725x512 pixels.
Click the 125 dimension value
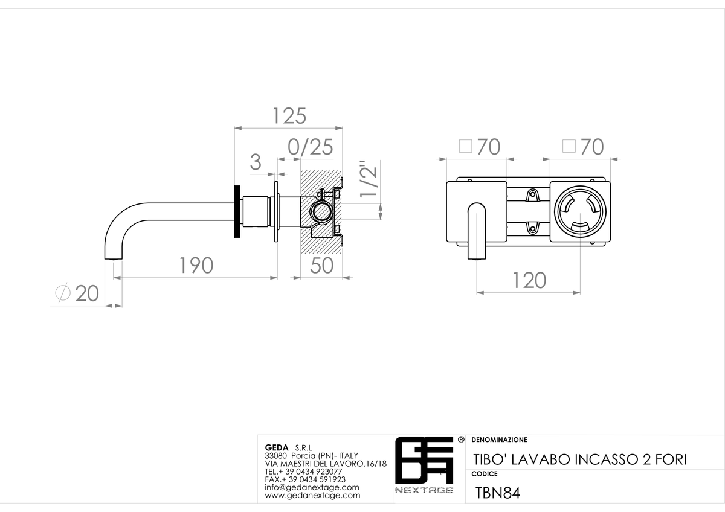[289, 116]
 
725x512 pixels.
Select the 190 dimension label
[196, 266]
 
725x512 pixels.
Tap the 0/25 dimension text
[311, 147]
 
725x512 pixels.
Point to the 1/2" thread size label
[369, 178]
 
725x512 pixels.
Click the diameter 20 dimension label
[77, 293]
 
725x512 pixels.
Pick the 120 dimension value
[529, 280]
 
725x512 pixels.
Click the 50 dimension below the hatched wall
[321, 266]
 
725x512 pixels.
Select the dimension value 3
[256, 162]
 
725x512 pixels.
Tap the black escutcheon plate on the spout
[237, 211]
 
